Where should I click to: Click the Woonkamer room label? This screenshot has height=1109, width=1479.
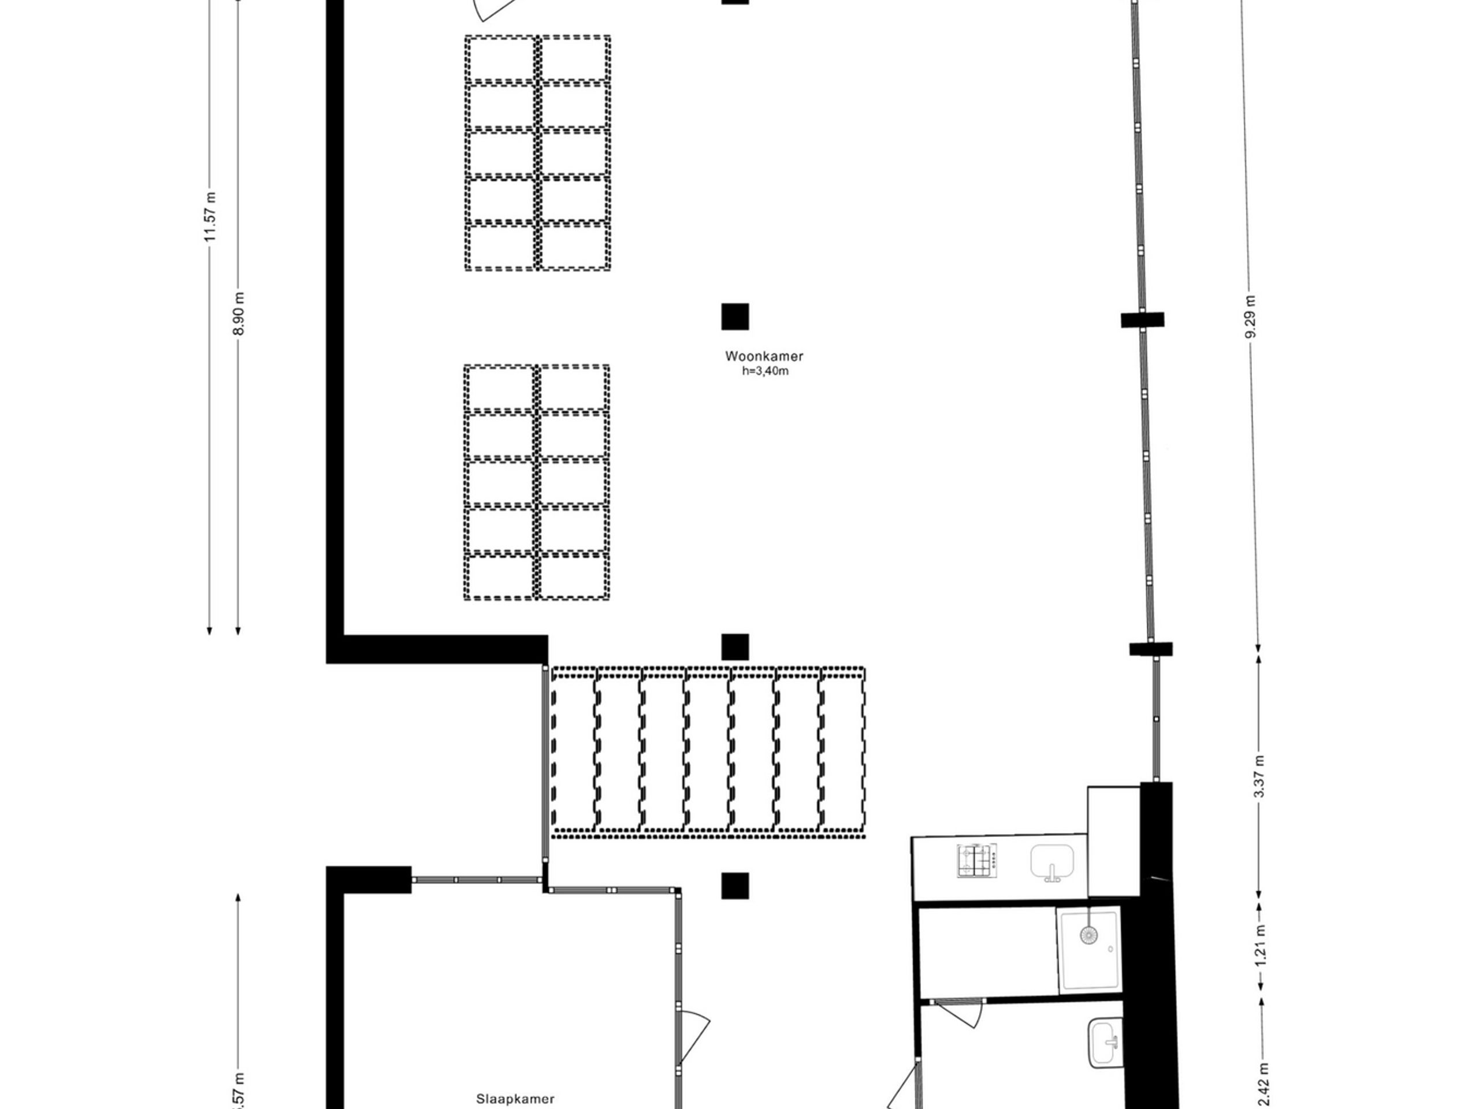tap(764, 356)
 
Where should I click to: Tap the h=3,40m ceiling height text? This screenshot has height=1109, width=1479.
tap(765, 371)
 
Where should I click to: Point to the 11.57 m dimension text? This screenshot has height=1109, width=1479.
tap(211, 217)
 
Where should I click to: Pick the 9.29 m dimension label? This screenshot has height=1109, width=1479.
tap(1251, 316)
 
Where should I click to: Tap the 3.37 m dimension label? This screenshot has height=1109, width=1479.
tap(1259, 776)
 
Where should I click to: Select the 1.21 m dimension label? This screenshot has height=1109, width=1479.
tap(1261, 944)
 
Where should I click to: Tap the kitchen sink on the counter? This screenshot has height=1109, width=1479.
tap(1053, 862)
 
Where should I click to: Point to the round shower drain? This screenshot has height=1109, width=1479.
tap(1089, 935)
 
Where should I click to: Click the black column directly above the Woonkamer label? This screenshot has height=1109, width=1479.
tap(735, 317)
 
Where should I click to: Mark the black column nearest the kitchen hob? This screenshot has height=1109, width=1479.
tap(735, 885)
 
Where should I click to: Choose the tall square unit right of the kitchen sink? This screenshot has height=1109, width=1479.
tap(1113, 841)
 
